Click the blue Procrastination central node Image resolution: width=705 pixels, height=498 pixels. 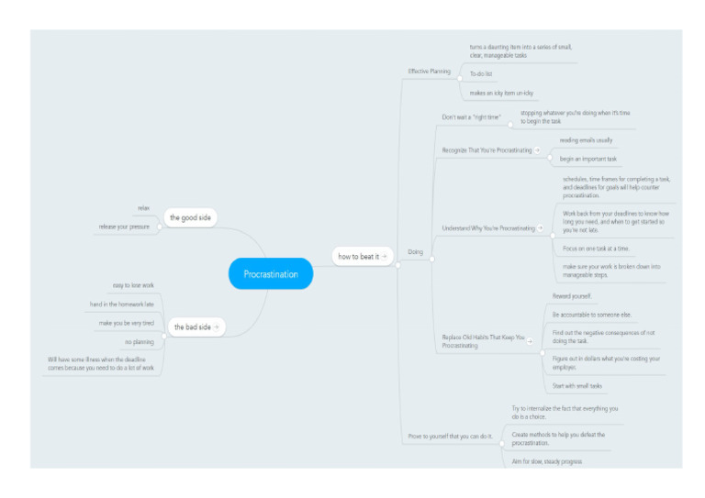pyautogui.click(x=271, y=273)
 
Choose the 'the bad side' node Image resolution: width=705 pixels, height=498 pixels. pyautogui.click(x=192, y=326)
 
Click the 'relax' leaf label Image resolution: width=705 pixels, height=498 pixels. pyautogui.click(x=143, y=209)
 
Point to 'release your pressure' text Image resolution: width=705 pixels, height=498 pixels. pyautogui.click(x=124, y=227)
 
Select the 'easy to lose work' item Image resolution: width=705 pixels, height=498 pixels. pyautogui.click(x=133, y=286)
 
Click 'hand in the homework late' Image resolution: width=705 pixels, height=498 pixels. pyautogui.click(x=121, y=304)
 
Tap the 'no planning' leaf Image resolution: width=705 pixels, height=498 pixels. pyautogui.click(x=140, y=341)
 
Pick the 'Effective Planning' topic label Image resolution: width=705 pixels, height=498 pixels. pyautogui.click(x=430, y=71)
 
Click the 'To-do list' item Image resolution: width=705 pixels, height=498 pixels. pyautogui.click(x=482, y=73)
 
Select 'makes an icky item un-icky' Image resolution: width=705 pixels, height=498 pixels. pyautogui.click(x=501, y=93)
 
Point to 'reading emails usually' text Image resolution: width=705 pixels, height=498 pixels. pyautogui.click(x=586, y=140)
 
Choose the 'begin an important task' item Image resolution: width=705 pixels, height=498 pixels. pyautogui.click(x=588, y=159)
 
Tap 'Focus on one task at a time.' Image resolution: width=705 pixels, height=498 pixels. pyautogui.click(x=596, y=249)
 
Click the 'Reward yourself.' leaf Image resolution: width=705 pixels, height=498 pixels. pyautogui.click(x=572, y=296)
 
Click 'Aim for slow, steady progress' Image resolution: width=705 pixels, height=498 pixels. pyautogui.click(x=546, y=461)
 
